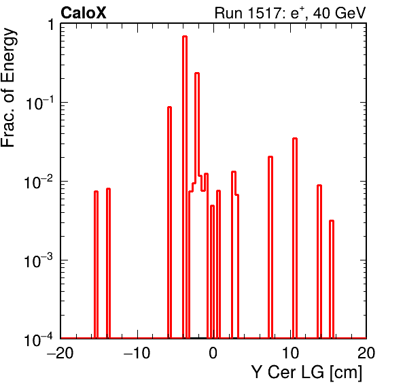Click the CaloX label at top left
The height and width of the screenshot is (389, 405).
(x=84, y=13)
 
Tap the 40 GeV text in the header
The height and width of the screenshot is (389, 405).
(x=340, y=13)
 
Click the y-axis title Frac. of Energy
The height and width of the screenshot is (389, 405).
(x=9, y=87)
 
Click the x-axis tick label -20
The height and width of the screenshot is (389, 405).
(x=60, y=352)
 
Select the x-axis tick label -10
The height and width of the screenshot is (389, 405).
(x=137, y=352)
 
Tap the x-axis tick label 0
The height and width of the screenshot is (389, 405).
(x=213, y=352)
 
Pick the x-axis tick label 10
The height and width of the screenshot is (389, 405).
(x=290, y=352)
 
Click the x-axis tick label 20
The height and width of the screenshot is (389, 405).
(x=366, y=352)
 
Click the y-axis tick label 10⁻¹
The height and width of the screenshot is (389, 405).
(x=39, y=103)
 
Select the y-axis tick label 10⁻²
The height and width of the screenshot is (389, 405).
(x=39, y=182)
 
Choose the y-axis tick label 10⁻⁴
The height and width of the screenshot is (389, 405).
(x=39, y=339)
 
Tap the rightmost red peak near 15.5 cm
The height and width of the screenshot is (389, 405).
(x=332, y=279)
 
